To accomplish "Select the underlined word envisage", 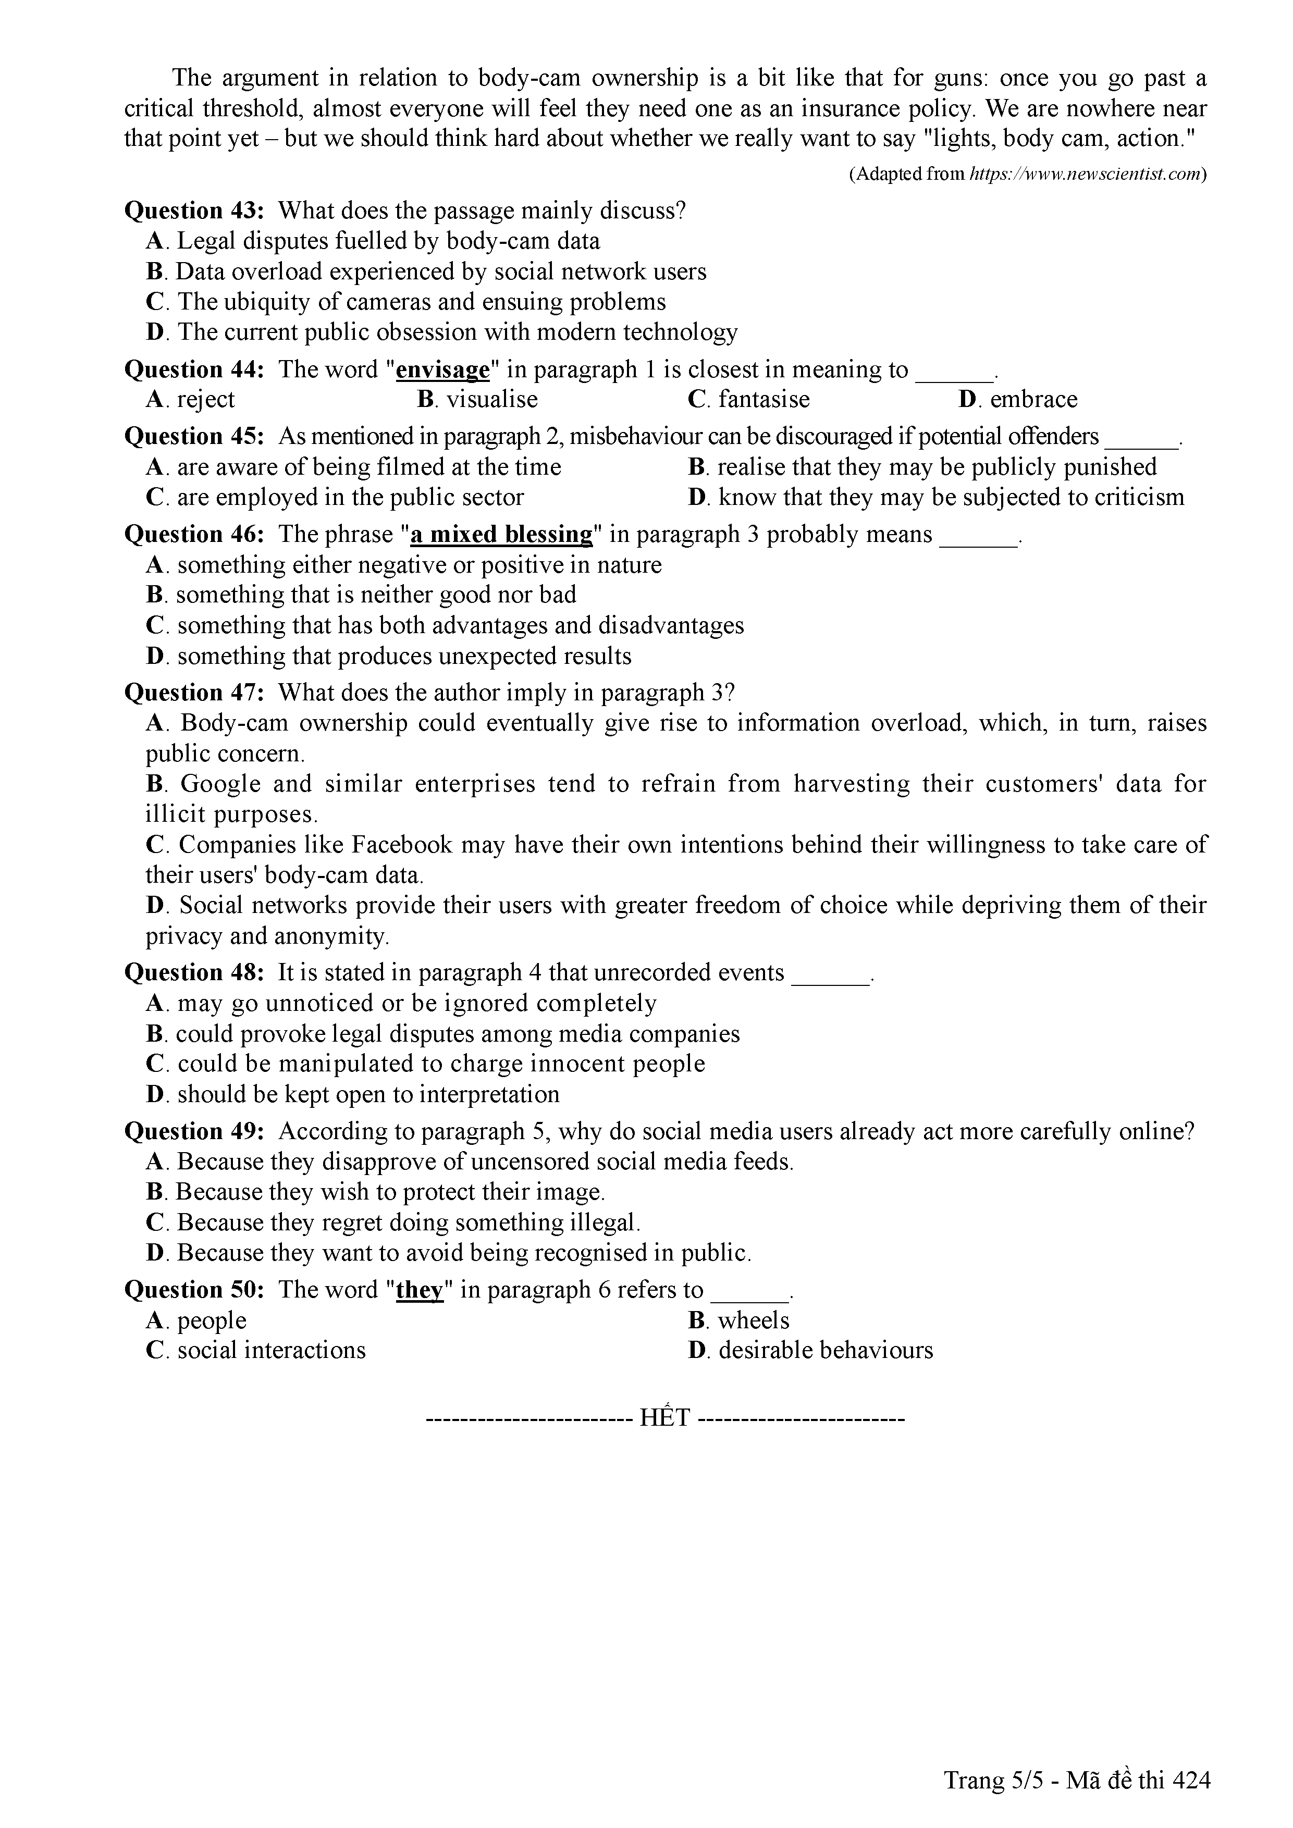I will tap(442, 370).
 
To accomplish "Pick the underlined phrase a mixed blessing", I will tap(501, 534).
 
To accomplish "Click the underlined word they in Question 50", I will tap(419, 1290).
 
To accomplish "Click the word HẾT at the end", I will tap(665, 1419).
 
